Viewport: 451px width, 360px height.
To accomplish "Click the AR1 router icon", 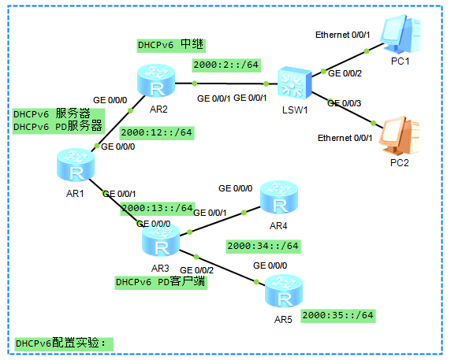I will (76, 166).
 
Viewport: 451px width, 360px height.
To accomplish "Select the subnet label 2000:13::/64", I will (156, 208).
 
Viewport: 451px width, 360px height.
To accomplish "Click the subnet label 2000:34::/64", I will (263, 247).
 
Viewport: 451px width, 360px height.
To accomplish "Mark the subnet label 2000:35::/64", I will (337, 315).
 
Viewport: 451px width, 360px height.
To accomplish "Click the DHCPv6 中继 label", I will (171, 45).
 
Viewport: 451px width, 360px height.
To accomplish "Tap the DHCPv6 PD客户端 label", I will (161, 282).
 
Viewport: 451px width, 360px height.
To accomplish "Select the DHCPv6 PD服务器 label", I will (58, 126).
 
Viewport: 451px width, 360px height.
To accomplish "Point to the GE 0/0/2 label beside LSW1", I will (344, 73).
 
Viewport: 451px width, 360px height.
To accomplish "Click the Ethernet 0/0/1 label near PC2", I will (345, 138).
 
